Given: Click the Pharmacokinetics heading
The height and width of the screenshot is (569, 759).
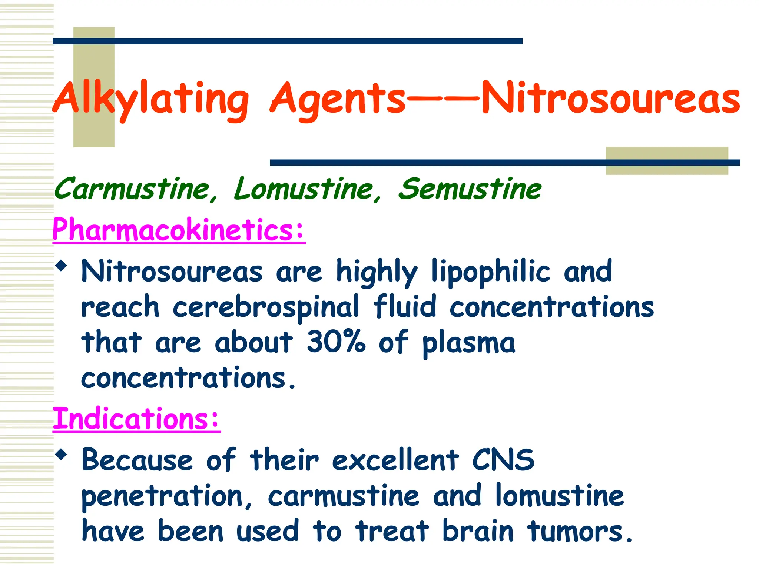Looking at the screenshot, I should pos(179,230).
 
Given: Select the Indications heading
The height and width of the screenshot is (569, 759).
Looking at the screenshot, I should pos(136,419).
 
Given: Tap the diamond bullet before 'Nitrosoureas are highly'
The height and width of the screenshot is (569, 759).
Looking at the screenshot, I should pos(61,265).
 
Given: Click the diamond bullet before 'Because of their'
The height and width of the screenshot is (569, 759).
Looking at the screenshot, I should pos(61,454).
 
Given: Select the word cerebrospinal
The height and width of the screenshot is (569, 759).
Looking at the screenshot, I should pos(266,307).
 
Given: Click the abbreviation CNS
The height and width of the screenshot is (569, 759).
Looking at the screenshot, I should pos(503,460).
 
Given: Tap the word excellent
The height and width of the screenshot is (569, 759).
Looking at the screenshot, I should pos(395,460).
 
